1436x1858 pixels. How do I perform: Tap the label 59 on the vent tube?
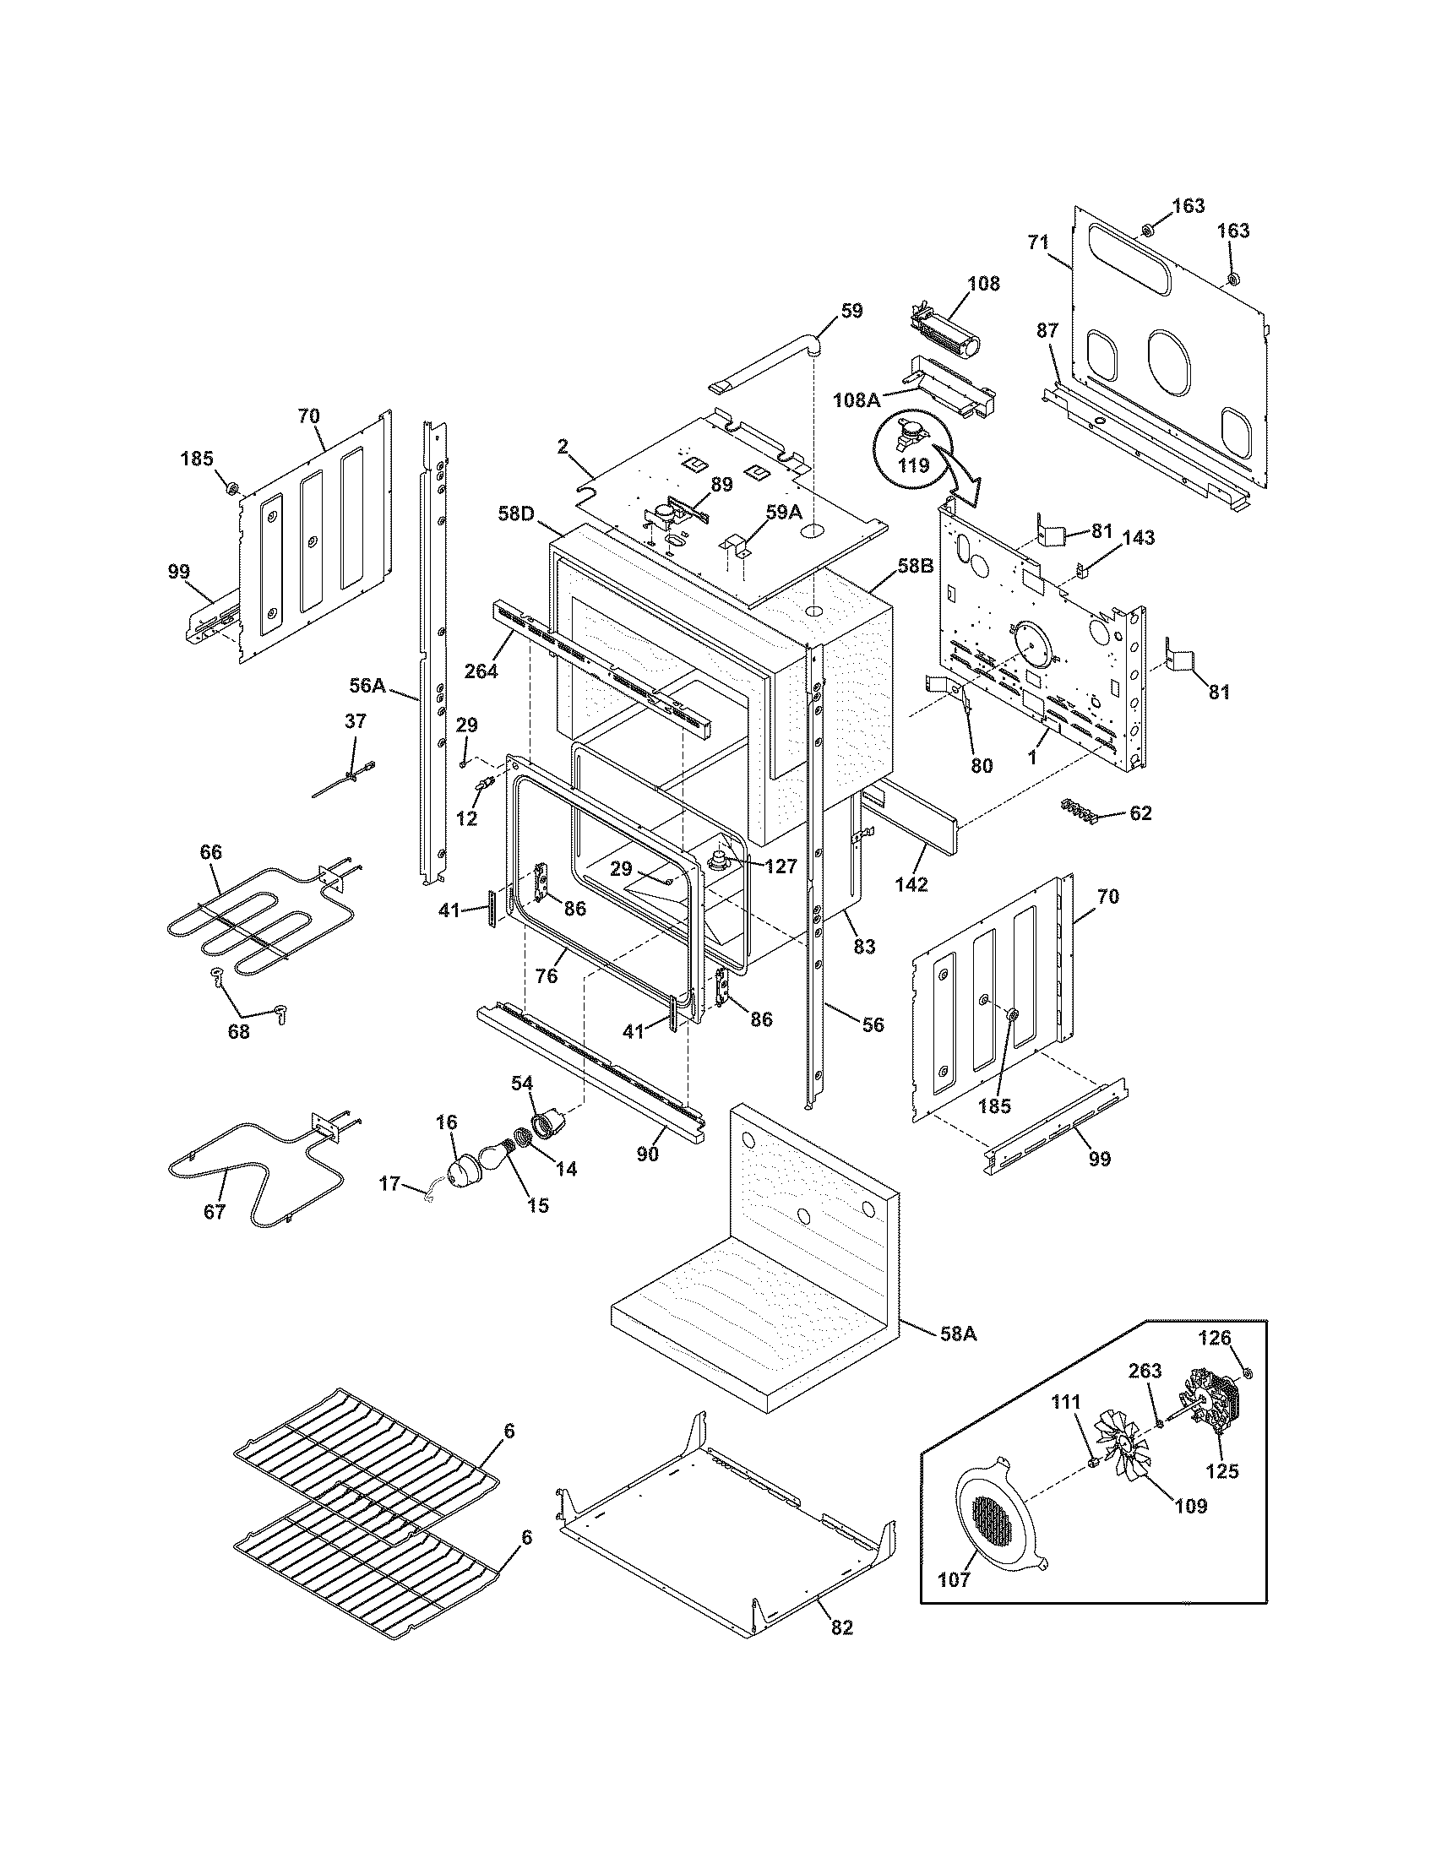point(851,312)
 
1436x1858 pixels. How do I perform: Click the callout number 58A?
point(958,1334)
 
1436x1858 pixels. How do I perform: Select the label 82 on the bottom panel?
point(841,1651)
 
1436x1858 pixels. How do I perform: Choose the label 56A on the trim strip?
point(367,686)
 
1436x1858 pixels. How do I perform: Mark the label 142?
point(911,884)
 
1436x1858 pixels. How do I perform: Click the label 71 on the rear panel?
point(1038,242)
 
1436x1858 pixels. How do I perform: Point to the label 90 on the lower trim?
point(648,1155)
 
